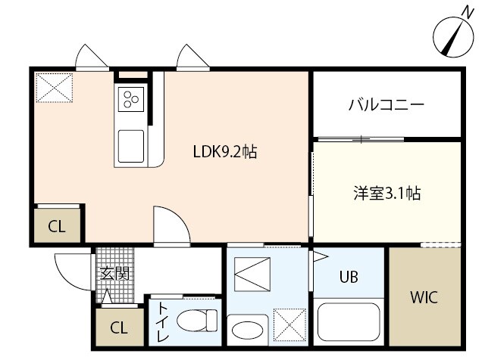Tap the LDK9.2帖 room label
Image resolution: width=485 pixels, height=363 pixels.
tap(224, 151)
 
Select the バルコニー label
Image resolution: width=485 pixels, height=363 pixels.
tap(386, 104)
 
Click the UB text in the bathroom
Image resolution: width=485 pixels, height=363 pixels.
tap(349, 277)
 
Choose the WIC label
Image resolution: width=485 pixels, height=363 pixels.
tap(424, 296)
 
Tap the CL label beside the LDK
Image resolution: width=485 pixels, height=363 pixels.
tap(57, 225)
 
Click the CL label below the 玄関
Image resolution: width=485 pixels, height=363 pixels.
tap(118, 327)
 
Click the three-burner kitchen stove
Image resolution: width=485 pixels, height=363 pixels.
tap(130, 98)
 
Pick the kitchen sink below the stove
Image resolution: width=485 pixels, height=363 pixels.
tap(130, 144)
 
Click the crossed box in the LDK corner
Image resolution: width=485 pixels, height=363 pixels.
tap(53, 87)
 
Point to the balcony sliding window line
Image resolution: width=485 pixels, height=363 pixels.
tap(360, 139)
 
